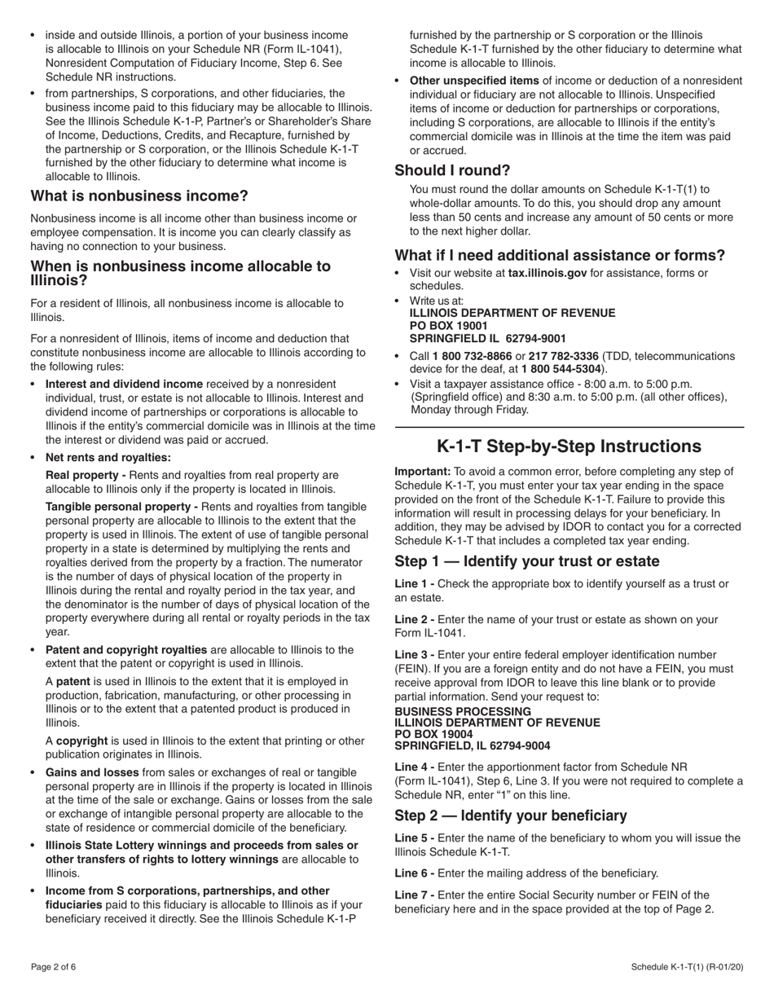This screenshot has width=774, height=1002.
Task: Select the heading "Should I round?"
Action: point(452,170)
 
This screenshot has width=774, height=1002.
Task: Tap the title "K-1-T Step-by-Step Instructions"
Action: point(569,446)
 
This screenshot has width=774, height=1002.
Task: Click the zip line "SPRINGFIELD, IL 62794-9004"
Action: point(472,745)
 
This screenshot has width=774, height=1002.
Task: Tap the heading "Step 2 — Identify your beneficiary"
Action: point(511,815)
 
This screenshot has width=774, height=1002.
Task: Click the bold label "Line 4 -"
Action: point(415,767)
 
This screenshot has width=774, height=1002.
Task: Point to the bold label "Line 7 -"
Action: point(415,894)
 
